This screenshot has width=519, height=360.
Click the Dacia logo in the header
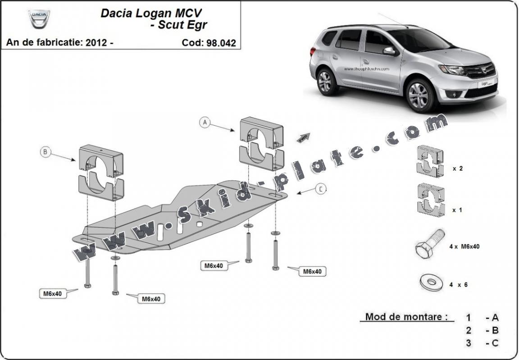pyautogui.click(x=39, y=18)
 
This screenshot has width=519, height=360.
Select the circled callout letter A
pyautogui.click(x=205, y=122)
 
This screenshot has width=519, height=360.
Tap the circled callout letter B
pyautogui.click(x=45, y=152)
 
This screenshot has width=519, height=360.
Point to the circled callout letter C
pyautogui.click(x=320, y=189)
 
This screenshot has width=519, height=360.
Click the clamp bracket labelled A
pyautogui.click(x=261, y=143)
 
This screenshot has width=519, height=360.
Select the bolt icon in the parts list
pyautogui.click(x=429, y=244)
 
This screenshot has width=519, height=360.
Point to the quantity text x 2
pyautogui.click(x=458, y=169)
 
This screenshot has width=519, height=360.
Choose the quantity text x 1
pyautogui.click(x=458, y=210)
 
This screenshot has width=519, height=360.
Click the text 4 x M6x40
pyautogui.click(x=464, y=246)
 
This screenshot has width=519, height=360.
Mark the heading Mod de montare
pyautogui.click(x=404, y=316)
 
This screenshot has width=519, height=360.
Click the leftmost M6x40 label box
pyautogui.click(x=52, y=293)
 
